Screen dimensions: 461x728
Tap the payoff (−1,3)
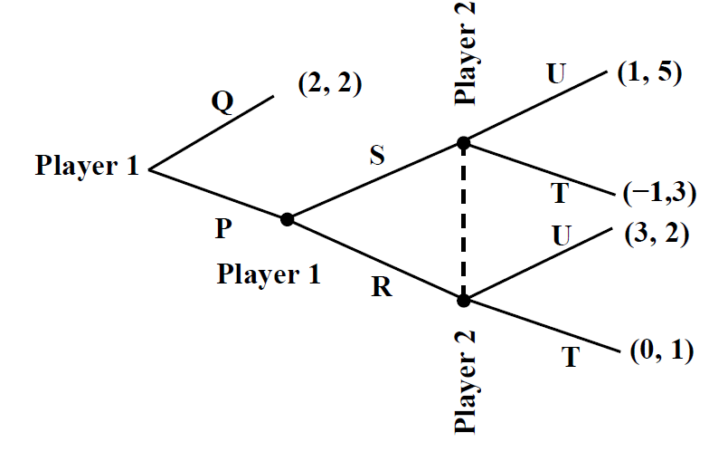657,193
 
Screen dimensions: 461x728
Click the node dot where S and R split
287,218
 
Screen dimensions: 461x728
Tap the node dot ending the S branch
463,142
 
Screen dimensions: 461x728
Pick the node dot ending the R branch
463,299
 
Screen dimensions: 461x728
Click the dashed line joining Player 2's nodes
463,221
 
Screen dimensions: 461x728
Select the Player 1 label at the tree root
87,167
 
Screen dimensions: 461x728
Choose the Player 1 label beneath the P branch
268,274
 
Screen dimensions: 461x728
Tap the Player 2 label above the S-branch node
467,53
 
